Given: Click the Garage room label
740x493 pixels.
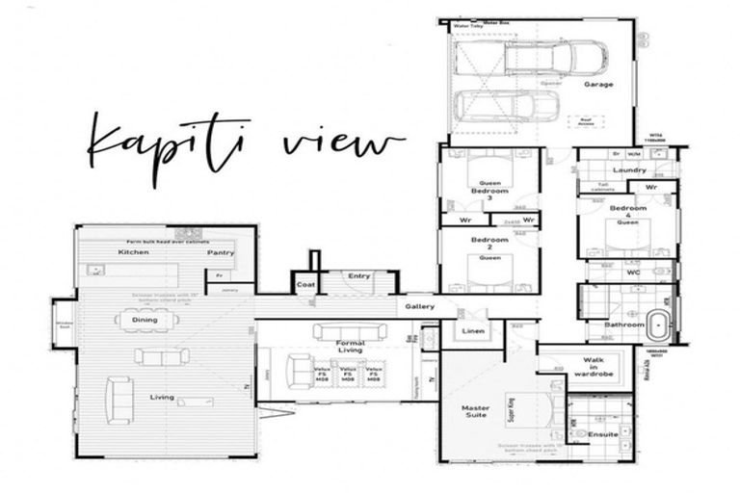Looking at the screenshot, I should click(597, 85).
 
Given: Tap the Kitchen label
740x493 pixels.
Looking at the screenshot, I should click(134, 252).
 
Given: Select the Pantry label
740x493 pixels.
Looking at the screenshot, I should click(221, 253).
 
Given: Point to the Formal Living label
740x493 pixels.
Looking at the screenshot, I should click(350, 348).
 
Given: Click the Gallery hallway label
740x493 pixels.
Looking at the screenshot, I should click(419, 306).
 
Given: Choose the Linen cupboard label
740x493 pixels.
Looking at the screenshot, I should click(473, 332).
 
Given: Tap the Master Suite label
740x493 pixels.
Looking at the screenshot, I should click(475, 411).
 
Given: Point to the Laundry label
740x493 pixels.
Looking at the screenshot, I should click(628, 170).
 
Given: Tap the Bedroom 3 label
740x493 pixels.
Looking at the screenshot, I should click(489, 195).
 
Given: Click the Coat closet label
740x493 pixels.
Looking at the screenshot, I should click(305, 285).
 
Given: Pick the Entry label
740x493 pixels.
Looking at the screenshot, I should click(358, 276).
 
